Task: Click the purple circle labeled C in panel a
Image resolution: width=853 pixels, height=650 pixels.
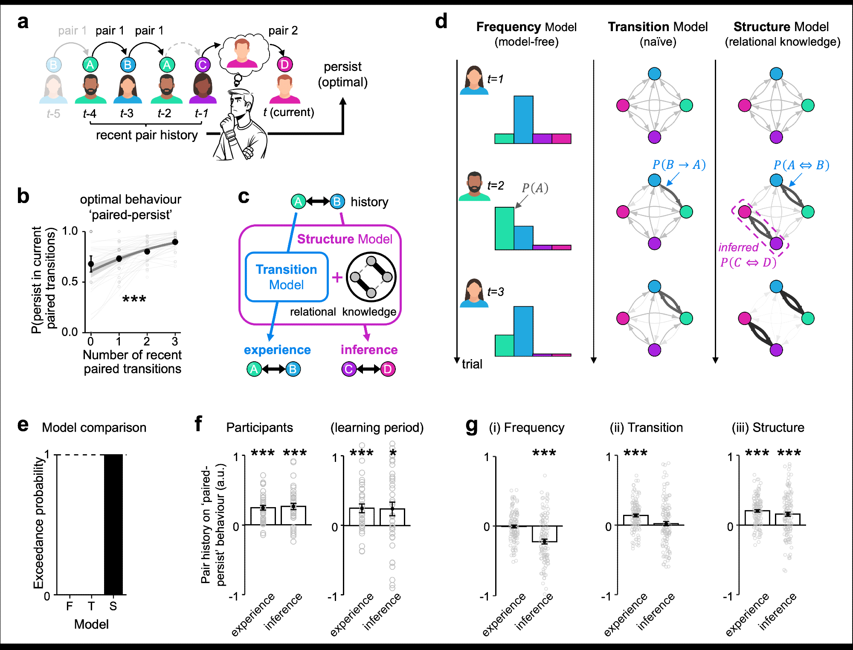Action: (203, 65)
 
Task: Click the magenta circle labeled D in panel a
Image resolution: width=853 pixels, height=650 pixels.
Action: (284, 64)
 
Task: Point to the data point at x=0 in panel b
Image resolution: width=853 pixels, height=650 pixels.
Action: (91, 264)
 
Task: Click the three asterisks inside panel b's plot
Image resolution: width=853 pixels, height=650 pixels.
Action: (134, 299)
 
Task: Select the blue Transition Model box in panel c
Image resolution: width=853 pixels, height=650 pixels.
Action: (287, 277)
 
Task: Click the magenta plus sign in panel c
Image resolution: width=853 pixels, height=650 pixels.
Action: (337, 278)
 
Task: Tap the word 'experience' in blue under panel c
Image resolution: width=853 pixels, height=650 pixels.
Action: (277, 350)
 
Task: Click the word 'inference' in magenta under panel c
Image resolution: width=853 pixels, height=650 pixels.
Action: (369, 350)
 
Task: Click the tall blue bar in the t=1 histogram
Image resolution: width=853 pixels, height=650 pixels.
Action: (523, 119)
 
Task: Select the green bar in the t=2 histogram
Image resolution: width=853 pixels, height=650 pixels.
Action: (504, 228)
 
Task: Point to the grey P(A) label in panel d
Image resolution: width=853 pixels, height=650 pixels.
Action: (535, 188)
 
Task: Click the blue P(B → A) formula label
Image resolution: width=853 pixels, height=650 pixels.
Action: (679, 165)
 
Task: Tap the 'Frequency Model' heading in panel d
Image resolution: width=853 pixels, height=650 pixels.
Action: (526, 27)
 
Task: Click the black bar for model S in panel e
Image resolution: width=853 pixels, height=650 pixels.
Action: (113, 524)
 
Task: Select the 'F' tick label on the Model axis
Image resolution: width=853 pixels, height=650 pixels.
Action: (70, 606)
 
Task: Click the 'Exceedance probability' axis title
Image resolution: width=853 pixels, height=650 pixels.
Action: (39, 522)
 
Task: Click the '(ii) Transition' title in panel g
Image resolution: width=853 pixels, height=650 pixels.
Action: (646, 427)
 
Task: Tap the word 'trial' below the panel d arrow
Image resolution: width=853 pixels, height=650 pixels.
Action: (472, 364)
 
